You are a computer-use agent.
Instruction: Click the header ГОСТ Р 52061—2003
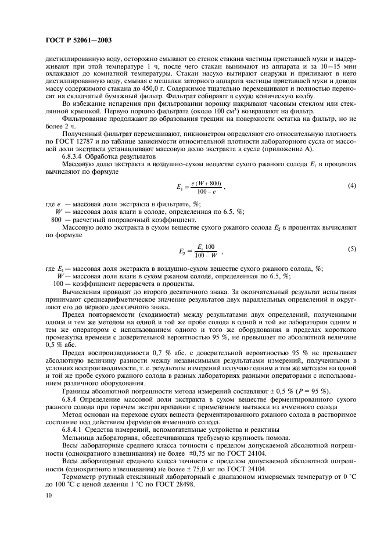[78, 40]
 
